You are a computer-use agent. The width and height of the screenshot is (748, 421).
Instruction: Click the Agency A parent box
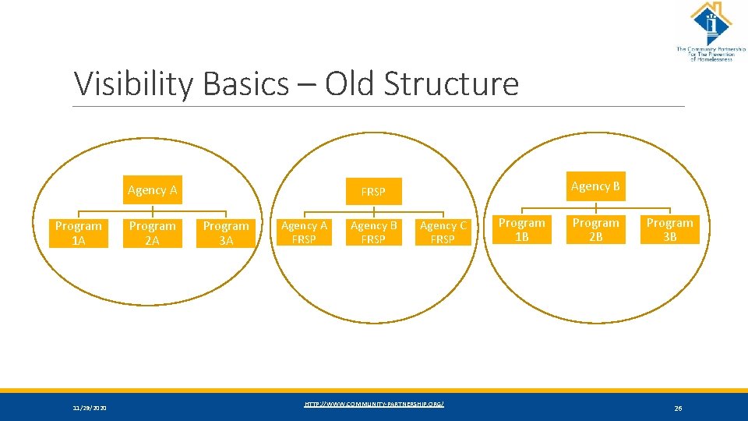click(x=153, y=190)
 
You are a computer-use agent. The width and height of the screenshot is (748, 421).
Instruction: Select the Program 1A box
click(x=78, y=233)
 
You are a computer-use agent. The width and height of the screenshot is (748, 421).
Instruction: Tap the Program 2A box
click(x=153, y=233)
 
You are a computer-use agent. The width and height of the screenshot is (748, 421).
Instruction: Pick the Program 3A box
click(x=226, y=233)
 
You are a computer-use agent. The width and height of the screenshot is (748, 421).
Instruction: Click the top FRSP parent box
click(x=373, y=191)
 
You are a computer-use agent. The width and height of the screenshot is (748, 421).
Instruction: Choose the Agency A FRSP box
click(x=304, y=232)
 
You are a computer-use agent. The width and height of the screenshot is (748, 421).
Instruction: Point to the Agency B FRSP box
click(x=373, y=232)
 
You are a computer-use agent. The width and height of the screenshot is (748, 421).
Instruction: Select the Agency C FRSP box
click(x=443, y=232)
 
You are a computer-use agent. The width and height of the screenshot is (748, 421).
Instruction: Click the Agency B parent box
click(x=595, y=186)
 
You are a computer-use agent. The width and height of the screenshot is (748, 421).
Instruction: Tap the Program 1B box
click(x=522, y=230)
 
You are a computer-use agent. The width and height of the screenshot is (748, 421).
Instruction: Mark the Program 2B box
click(x=595, y=230)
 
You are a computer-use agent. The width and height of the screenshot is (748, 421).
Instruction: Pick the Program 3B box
click(x=669, y=230)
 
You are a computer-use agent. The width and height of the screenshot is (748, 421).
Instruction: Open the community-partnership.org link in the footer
click(x=374, y=404)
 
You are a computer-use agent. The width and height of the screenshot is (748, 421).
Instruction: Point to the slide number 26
click(x=678, y=408)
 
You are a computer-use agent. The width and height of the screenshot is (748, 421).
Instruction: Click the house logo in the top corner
click(x=711, y=23)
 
